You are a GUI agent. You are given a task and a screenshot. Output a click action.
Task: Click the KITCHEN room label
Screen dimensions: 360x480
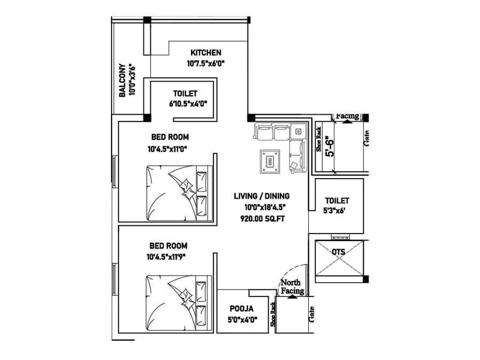point(206,52)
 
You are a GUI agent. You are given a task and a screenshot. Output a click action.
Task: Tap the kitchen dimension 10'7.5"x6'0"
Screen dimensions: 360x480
point(206,63)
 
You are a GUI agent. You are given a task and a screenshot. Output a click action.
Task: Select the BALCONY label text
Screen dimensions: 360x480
point(122,81)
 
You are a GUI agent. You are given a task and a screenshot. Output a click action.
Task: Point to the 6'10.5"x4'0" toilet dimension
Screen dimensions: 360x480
point(188,104)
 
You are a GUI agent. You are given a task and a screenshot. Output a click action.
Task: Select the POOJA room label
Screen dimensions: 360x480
point(241,308)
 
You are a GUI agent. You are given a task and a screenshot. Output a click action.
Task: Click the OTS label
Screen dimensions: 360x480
point(338,252)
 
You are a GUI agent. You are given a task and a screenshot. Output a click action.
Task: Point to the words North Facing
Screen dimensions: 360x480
point(292,287)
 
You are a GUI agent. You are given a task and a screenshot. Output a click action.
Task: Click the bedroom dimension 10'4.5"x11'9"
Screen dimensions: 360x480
point(169,257)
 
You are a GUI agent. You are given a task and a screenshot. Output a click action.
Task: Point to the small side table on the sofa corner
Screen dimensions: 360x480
point(299,131)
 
